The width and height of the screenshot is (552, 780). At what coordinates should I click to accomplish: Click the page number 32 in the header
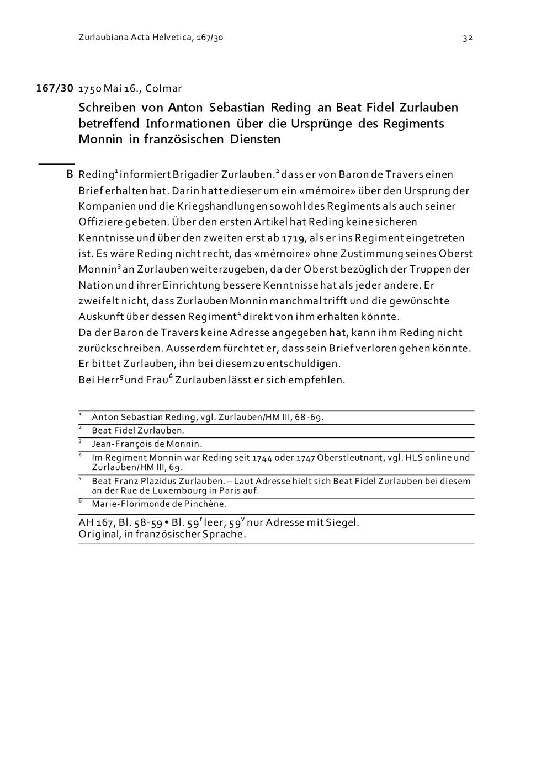point(467,38)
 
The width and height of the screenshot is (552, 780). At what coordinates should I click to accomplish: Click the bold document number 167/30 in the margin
point(55,88)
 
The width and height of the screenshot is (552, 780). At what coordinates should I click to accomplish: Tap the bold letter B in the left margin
point(70,175)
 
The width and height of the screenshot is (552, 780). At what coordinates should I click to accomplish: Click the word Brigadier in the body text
point(195,175)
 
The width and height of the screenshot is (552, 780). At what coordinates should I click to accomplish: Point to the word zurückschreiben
point(120,349)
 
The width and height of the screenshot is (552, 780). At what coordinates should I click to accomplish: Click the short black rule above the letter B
point(56,164)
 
